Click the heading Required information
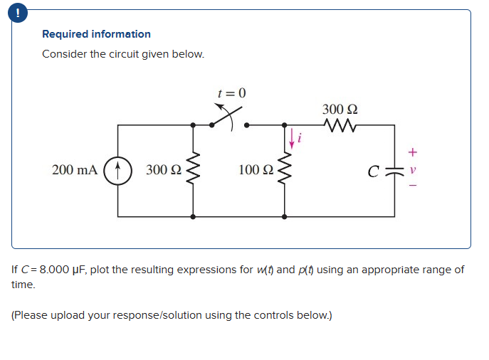pos(96,34)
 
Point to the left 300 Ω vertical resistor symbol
pos(193,171)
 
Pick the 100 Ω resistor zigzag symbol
pos(285,171)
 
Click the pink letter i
pos(300,138)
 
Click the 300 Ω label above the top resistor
pos(340,110)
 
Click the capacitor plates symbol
pos(394,171)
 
